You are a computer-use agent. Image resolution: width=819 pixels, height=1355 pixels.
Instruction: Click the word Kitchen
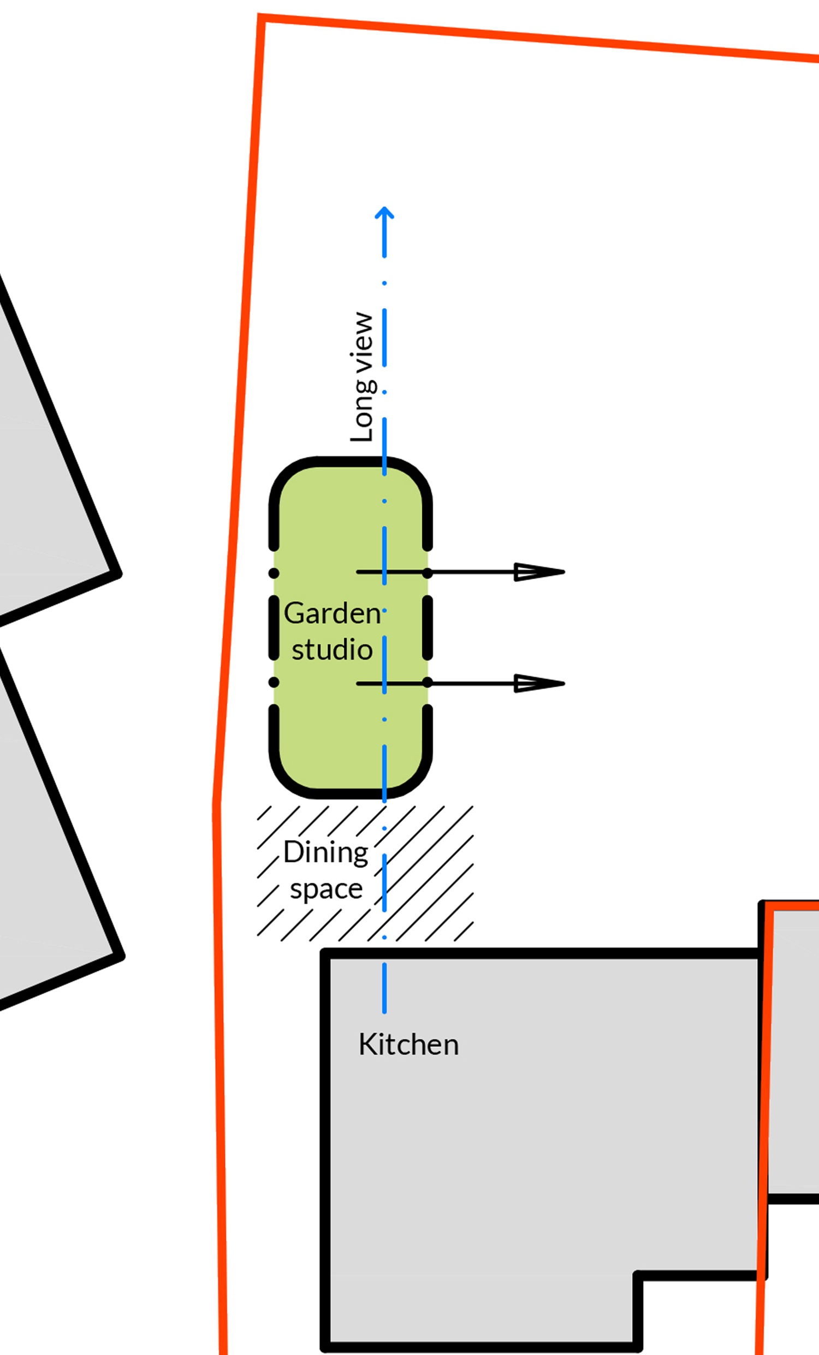[408, 1044]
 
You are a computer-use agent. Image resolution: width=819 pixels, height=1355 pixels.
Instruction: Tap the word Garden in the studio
[333, 612]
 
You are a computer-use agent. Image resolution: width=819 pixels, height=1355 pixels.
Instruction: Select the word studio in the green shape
[332, 650]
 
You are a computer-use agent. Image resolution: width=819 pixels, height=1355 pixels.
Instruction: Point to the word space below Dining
[327, 890]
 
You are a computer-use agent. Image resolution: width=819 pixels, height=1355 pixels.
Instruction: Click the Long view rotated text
[362, 377]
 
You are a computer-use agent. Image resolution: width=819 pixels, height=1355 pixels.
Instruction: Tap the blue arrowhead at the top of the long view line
[384, 213]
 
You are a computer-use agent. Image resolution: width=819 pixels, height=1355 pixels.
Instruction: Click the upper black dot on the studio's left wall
[274, 573]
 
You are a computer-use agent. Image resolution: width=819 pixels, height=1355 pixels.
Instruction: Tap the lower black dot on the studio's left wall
[274, 682]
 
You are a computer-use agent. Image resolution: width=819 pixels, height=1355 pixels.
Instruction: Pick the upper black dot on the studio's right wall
[428, 573]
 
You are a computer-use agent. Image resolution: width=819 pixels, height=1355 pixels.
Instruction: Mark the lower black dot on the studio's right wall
[428, 682]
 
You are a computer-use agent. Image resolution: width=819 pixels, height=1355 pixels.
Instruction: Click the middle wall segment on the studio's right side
[428, 627]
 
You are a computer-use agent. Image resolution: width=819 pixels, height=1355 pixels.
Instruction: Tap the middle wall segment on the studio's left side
[274, 627]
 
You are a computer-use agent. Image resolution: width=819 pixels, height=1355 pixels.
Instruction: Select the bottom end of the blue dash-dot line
[384, 1012]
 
